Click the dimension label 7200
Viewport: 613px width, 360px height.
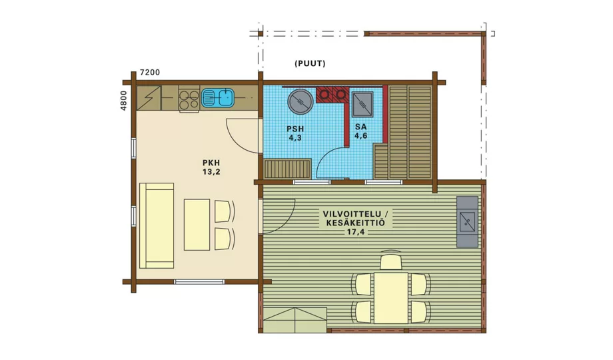150,73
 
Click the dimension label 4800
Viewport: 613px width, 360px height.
123,101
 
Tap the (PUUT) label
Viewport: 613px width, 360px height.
310,63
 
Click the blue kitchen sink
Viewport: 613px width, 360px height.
218,97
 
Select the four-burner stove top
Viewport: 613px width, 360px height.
189,99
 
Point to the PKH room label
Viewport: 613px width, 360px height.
211,163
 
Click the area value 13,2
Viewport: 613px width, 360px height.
211,172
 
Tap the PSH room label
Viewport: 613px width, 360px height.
295,129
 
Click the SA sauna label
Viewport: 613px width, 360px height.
361,127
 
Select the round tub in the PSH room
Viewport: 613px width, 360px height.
301,101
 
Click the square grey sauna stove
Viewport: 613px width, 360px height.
362,105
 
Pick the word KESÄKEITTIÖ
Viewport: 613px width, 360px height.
353,223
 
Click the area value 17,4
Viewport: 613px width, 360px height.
353,232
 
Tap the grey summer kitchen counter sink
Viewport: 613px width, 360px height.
467,222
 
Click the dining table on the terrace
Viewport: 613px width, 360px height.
391,298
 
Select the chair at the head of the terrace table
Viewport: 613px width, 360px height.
391,261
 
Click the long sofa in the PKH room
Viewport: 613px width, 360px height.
157,225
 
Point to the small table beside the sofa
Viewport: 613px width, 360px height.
197,225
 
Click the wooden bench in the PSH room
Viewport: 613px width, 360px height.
287,169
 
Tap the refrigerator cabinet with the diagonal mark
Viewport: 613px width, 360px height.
149,98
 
